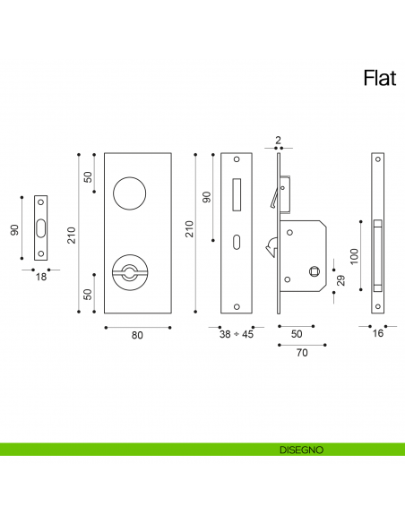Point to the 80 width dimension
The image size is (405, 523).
click(137, 336)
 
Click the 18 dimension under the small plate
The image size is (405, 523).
click(39, 278)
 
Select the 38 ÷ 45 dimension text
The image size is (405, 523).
click(237, 336)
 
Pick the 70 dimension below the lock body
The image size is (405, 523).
click(302, 354)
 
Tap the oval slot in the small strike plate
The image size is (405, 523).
click(40, 229)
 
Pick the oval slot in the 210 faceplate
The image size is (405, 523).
click(237, 243)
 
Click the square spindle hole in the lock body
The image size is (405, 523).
click(313, 271)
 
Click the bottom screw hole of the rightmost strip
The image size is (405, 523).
click(377, 309)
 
